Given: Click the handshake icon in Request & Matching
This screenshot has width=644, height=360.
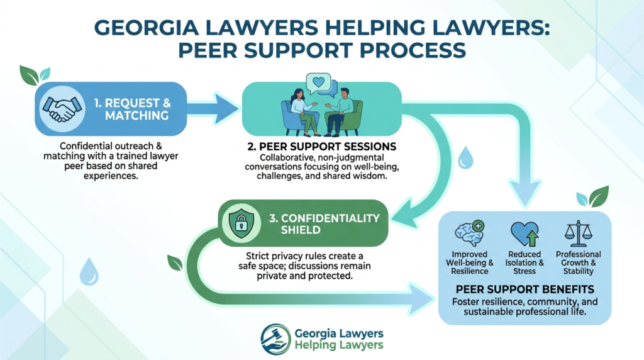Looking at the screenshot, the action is [62, 109].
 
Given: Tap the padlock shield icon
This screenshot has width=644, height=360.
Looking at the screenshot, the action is [241, 223].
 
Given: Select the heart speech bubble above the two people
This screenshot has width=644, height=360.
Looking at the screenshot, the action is [318, 84].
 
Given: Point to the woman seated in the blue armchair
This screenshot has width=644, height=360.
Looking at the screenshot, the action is [303, 111].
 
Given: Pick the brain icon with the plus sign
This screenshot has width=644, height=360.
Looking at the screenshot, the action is [470, 233].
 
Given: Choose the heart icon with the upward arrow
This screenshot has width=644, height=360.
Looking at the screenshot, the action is [525, 234].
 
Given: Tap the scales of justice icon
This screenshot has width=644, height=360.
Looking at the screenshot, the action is [579, 234].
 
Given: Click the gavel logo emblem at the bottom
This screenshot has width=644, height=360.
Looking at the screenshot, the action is [275, 339].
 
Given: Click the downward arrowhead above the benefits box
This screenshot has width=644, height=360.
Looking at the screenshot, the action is [525, 193].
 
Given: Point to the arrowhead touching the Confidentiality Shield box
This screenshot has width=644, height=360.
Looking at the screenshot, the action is [404, 213].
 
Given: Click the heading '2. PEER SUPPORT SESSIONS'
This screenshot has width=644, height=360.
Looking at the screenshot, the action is [321, 147].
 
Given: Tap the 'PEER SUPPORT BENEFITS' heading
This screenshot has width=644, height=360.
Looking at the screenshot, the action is [525, 290].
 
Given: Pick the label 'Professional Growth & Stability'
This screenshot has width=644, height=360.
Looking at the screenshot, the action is [579, 262].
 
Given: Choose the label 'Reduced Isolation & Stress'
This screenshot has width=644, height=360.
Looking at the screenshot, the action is [525, 262].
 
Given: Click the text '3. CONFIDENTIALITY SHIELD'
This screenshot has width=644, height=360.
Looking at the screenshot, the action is [324, 224].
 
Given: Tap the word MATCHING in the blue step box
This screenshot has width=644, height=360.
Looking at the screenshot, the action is [136, 116].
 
